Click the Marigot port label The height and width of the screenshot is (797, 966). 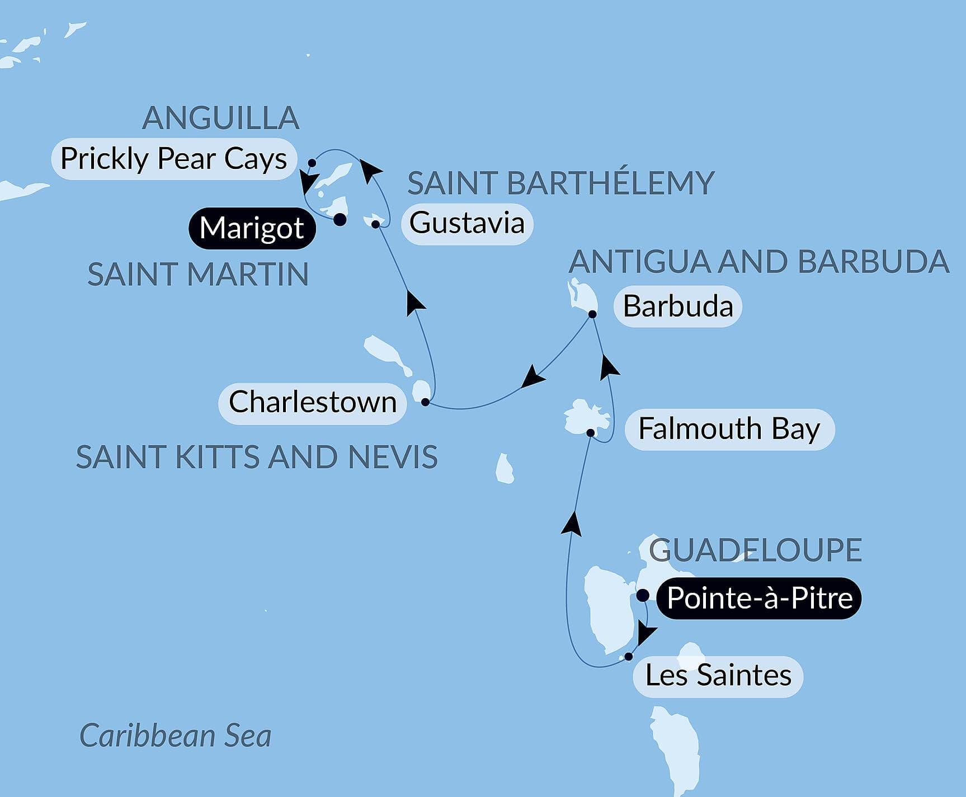pos(252,228)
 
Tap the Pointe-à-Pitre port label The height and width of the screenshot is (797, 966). pos(759,598)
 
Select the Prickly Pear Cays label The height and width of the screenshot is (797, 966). pos(173,159)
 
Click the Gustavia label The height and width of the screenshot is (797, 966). pos(467,223)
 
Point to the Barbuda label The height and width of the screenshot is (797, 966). pos(678,306)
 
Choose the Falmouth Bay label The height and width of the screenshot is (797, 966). pos(729,430)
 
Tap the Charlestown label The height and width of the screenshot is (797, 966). pos(312,403)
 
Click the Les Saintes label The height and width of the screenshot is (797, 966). pos(718,676)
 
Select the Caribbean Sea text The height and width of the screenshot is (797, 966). pos(176,735)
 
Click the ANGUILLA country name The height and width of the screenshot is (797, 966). pos(221,118)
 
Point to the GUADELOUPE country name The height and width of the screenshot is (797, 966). pos(755,550)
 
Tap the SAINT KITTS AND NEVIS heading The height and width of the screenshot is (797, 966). pos(257,458)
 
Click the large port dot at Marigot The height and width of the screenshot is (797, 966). pos(340,220)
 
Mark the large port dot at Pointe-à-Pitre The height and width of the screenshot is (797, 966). pos(643,595)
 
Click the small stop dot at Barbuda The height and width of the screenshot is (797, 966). pos(592,314)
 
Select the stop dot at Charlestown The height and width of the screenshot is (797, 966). pos(425,402)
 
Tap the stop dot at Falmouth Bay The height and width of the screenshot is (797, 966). pos(590,432)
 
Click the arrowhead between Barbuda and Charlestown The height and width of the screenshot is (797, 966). pos(533,376)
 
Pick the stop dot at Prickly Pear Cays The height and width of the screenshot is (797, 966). pos(312,163)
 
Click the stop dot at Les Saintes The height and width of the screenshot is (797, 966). pos(629,657)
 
